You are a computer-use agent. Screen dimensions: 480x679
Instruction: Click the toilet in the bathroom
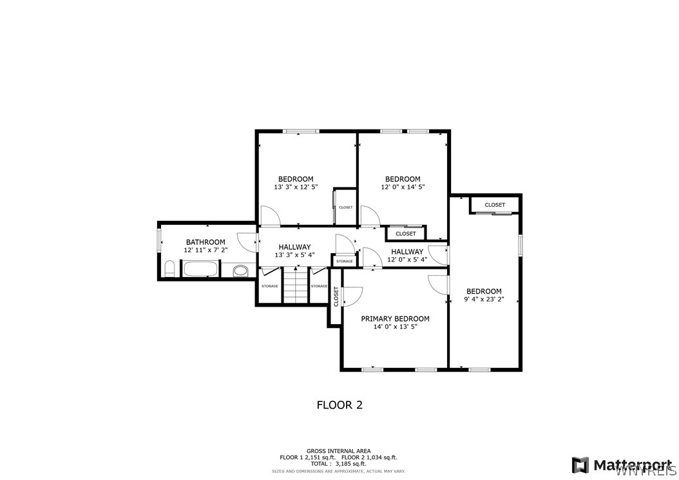(x=169, y=269)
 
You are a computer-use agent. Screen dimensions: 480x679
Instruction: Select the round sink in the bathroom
(x=240, y=271)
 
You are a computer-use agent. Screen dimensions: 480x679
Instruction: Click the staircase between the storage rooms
(x=296, y=287)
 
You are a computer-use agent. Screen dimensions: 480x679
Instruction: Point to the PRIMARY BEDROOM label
(x=395, y=318)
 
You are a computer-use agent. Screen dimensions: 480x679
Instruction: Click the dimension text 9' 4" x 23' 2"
(x=484, y=300)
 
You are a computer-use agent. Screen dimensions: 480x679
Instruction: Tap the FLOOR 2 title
(x=339, y=405)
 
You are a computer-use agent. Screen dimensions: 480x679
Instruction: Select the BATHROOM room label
(x=206, y=242)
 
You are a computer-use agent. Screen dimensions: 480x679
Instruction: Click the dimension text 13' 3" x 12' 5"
(x=296, y=187)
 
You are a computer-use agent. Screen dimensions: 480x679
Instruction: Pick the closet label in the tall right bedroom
(x=495, y=205)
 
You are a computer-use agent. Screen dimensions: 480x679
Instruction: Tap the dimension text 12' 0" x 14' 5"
(x=403, y=187)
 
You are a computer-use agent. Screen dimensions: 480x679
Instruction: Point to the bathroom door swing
(x=247, y=242)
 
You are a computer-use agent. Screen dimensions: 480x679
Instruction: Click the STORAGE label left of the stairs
(x=270, y=286)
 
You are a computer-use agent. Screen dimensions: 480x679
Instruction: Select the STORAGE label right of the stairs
(x=320, y=286)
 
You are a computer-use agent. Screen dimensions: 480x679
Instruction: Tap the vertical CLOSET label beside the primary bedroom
(x=336, y=296)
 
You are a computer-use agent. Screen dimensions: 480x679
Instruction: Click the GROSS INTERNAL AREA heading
(x=338, y=451)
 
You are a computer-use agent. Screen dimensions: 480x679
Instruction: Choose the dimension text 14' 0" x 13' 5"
(x=395, y=327)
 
